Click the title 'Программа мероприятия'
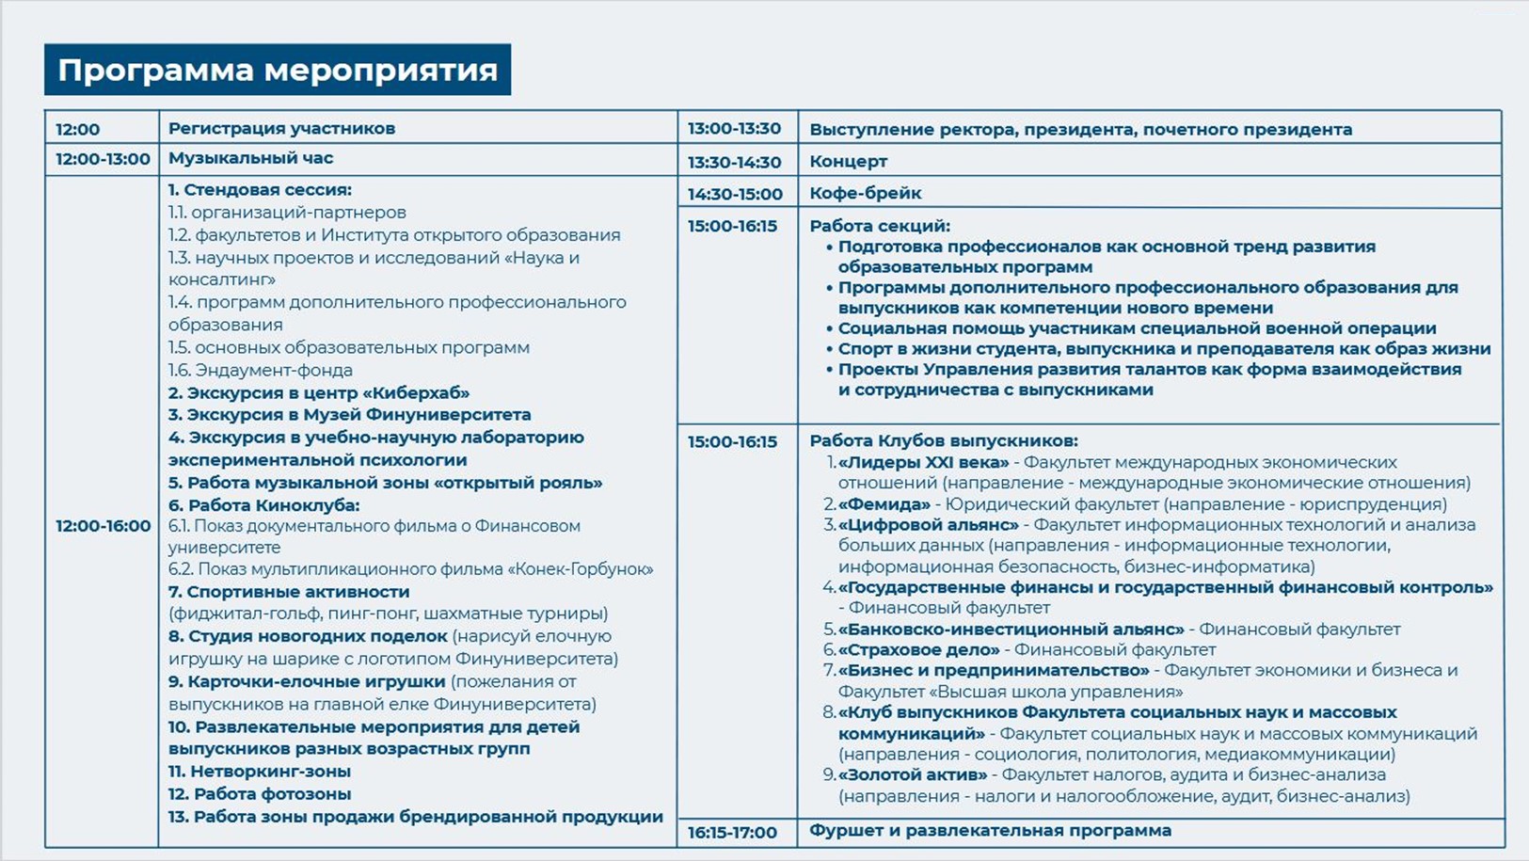pyautogui.click(x=278, y=71)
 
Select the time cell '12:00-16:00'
pyautogui.click(x=103, y=526)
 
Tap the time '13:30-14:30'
pyautogui.click(x=734, y=162)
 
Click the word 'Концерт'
pyautogui.click(x=848, y=161)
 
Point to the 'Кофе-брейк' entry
pyautogui.click(x=865, y=193)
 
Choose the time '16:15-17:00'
pyautogui.click(x=732, y=833)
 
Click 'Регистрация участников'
pyautogui.click(x=281, y=128)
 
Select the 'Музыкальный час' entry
pyautogui.click(x=250, y=158)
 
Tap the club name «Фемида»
pyautogui.click(x=884, y=504)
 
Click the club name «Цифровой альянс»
pyautogui.click(x=928, y=525)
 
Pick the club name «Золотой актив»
pyautogui.click(x=913, y=774)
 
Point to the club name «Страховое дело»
pyautogui.click(x=918, y=649)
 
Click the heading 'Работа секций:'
pyautogui.click(x=879, y=226)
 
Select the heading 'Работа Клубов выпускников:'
pyautogui.click(x=943, y=440)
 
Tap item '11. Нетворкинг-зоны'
pyautogui.click(x=259, y=771)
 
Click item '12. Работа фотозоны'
pyautogui.click(x=259, y=793)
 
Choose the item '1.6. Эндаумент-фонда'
pyautogui.click(x=260, y=370)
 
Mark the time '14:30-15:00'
pyautogui.click(x=734, y=194)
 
